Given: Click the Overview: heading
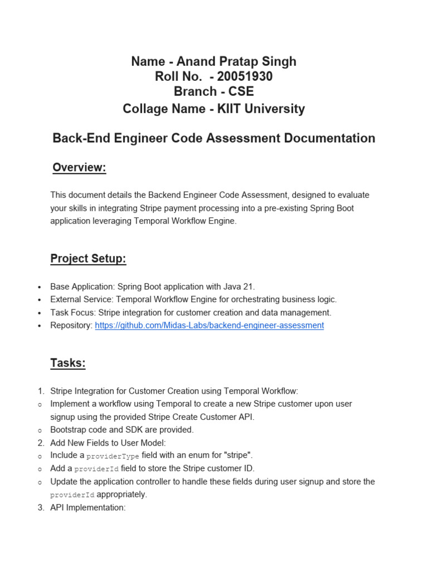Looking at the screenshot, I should (79, 168).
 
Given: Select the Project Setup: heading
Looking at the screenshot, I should (88, 258).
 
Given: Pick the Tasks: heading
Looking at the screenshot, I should (68, 363).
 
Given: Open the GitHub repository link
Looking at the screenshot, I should (209, 326).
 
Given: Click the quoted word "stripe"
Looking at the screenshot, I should (237, 456).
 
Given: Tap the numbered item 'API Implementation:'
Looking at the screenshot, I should (88, 507).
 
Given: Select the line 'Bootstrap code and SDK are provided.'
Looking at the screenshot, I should (121, 430).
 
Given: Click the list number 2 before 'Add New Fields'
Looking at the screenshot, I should (41, 443).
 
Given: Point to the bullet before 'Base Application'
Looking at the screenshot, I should (39, 287).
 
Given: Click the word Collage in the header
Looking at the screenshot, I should (144, 109).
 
